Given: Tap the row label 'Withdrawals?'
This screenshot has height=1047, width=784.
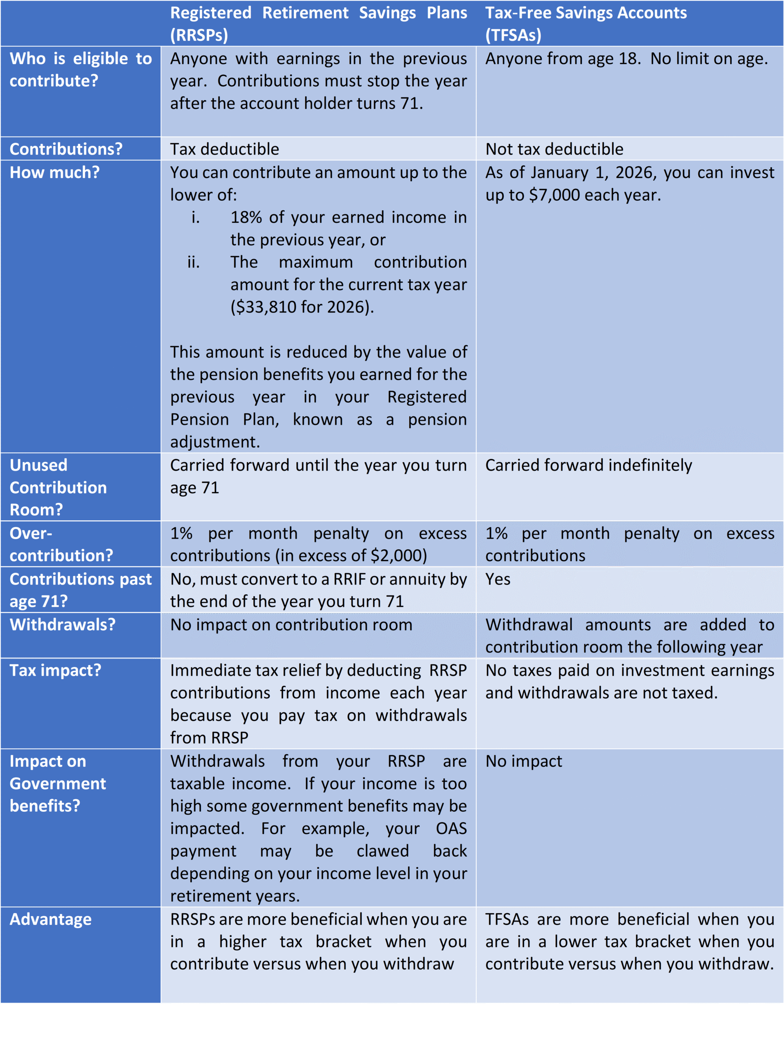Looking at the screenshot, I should [63, 625].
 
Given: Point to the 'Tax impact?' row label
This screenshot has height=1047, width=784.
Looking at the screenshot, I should [55, 670].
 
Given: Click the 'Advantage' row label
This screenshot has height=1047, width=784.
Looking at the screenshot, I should [51, 919].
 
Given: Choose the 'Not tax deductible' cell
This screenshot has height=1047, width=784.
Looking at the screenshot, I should [554, 149].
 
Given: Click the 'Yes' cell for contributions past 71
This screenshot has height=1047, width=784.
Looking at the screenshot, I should [498, 580].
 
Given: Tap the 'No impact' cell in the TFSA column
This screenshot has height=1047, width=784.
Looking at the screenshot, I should [524, 761].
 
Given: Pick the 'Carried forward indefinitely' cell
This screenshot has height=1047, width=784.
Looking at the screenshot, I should [588, 465].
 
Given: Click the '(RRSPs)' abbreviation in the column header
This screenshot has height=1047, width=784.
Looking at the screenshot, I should [199, 35].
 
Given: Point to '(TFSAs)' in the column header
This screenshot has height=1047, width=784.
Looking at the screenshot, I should [513, 35].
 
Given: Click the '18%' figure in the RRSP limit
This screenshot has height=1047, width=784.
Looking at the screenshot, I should [246, 217].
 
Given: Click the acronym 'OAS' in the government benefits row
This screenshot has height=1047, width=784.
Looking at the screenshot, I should [451, 828].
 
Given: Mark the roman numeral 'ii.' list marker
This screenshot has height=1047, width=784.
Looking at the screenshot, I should [193, 262].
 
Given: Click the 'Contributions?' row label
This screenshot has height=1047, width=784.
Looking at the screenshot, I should [66, 149].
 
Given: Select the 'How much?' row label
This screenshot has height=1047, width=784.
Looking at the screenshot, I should [54, 172].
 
